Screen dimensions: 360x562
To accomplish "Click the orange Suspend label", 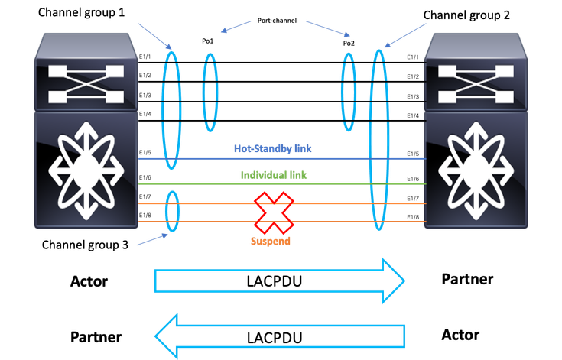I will [x=271, y=241].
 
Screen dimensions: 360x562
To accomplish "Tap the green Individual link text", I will [x=274, y=175].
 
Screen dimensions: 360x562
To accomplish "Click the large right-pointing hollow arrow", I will [x=281, y=281].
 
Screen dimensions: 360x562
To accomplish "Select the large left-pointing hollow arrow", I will [x=281, y=335].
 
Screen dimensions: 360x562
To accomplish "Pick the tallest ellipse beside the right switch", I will [x=377, y=139].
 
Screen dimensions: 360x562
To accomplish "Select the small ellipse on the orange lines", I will [x=173, y=210].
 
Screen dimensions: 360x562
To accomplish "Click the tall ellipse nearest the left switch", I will [x=172, y=111].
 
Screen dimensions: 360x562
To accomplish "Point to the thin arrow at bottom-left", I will [x=153, y=240].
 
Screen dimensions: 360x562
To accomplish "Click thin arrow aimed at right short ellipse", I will [x=329, y=28].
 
